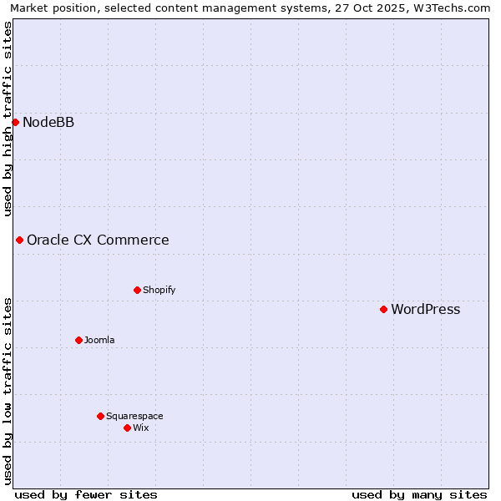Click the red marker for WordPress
(383, 309)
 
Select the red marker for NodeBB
(15, 122)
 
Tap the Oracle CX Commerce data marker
(19, 240)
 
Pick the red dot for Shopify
(137, 290)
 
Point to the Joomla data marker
(78, 340)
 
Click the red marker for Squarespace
(100, 416)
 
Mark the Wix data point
(127, 428)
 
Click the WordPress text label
(425, 310)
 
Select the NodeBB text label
(48, 123)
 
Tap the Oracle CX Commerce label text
(98, 240)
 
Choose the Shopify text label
(159, 290)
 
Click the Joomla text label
(99, 340)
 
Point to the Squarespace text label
(134, 416)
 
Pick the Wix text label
(140, 428)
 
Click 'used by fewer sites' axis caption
(86, 494)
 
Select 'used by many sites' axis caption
(419, 494)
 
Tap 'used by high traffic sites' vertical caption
(8, 119)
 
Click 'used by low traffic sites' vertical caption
(8, 390)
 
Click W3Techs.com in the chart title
(454, 8)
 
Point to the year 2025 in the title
(385, 8)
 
